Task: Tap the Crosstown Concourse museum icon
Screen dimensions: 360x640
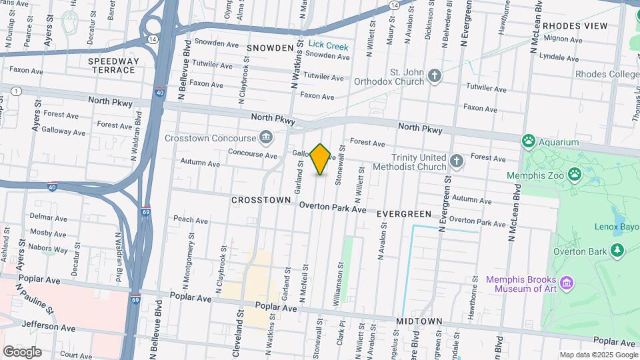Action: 266,137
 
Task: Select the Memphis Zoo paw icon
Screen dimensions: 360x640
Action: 574,175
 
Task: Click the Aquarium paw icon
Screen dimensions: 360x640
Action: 529,141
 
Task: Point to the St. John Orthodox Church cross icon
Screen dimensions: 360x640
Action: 435,75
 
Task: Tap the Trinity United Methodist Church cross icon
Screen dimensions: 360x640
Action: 457,161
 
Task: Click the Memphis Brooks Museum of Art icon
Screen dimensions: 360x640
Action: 567,283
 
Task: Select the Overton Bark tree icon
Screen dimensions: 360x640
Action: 617,250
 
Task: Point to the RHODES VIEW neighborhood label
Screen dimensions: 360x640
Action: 575,26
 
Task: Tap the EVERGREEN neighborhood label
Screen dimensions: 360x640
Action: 404,214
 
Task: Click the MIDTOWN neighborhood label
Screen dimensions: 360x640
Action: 419,321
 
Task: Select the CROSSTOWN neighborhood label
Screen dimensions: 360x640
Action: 261,200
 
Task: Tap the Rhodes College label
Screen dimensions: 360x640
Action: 607,74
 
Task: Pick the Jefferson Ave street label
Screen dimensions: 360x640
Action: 49,327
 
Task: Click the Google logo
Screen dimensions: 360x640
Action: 22,351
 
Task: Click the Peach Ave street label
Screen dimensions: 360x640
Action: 190,219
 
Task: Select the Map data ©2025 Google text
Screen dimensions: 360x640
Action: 597,355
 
